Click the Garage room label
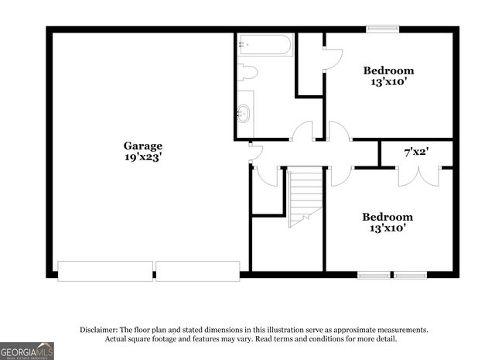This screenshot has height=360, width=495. [143, 146]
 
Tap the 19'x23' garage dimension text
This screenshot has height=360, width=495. [143, 156]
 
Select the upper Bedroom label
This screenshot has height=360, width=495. [388, 71]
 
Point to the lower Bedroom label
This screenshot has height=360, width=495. [387, 217]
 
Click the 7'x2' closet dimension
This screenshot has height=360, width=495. [417, 153]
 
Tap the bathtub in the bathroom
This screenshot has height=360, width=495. [265, 44]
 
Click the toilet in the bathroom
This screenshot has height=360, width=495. [247, 73]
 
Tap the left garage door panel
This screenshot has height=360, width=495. [105, 271]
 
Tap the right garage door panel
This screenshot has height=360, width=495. [198, 271]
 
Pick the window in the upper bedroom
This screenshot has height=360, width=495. [382, 29]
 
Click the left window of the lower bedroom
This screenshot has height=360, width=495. [374, 274]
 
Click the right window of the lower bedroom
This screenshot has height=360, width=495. [410, 274]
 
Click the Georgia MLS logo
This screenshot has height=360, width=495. [27, 351]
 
